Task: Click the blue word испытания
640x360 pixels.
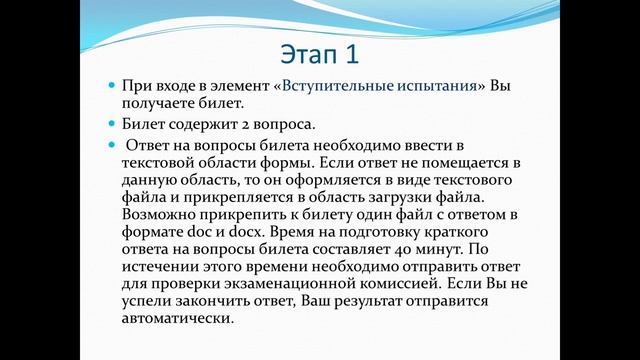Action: coord(432,86)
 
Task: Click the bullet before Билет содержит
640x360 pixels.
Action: coord(112,126)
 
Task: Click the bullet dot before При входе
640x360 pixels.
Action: coord(112,87)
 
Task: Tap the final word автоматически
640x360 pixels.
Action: coord(176,322)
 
